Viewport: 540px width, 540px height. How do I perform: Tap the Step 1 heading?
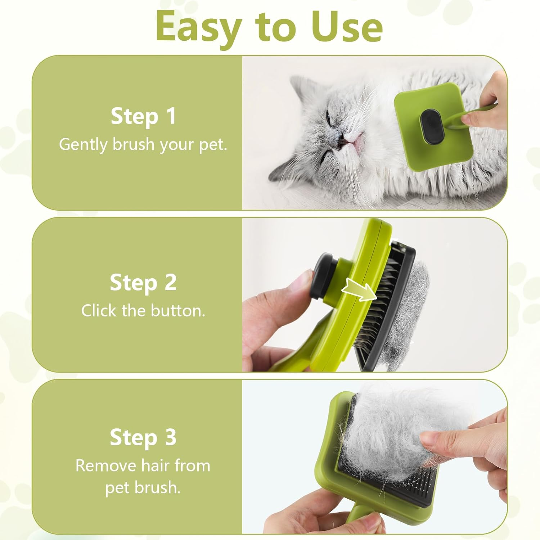click(x=143, y=116)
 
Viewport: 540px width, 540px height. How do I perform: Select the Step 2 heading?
click(x=143, y=283)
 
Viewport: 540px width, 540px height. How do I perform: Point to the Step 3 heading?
click(x=143, y=437)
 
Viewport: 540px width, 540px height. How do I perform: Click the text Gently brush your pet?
click(x=143, y=144)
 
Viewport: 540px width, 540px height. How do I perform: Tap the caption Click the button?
click(x=143, y=311)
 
